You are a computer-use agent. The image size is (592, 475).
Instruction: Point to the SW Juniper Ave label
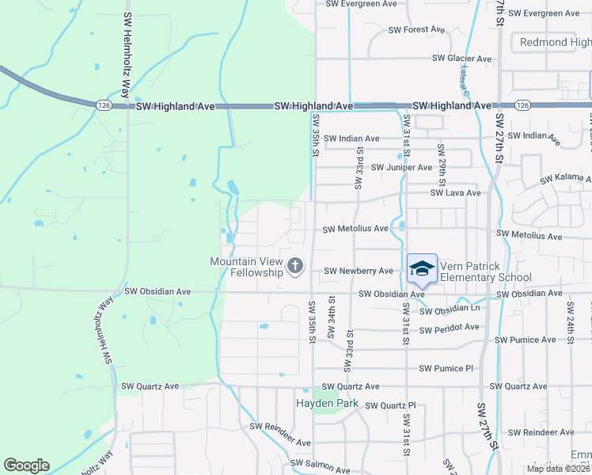[401, 167]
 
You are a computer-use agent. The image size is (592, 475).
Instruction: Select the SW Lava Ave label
[455, 192]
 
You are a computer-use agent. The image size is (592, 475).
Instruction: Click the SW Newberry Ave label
[359, 271]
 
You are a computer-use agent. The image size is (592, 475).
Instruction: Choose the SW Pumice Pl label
[446, 368]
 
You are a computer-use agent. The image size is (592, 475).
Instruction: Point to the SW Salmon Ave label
[320, 469]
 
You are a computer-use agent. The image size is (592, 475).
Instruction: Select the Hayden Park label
[327, 404]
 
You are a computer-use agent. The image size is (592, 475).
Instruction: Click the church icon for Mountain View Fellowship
[295, 266]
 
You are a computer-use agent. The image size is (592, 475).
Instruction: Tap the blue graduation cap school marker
[422, 269]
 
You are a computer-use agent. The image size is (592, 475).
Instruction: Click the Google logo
[26, 465]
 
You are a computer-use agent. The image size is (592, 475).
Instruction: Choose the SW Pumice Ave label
[525, 340]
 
